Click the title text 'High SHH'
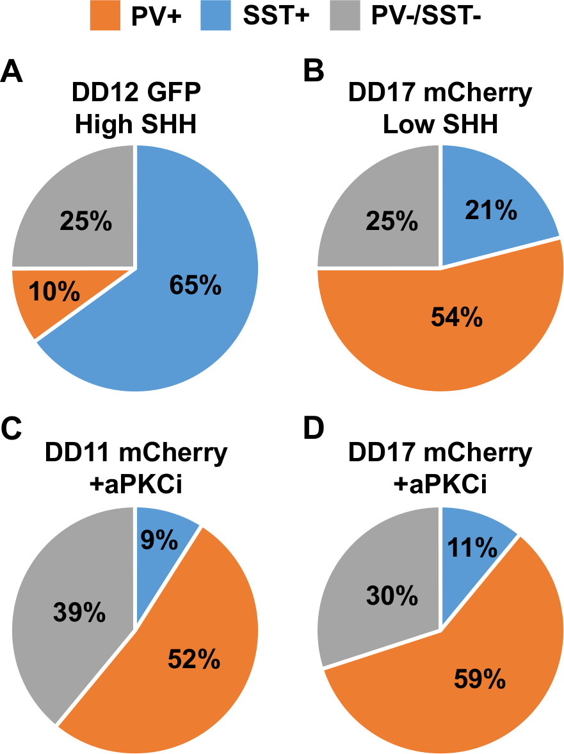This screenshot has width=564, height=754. (135, 124)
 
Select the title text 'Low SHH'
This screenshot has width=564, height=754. (440, 124)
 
